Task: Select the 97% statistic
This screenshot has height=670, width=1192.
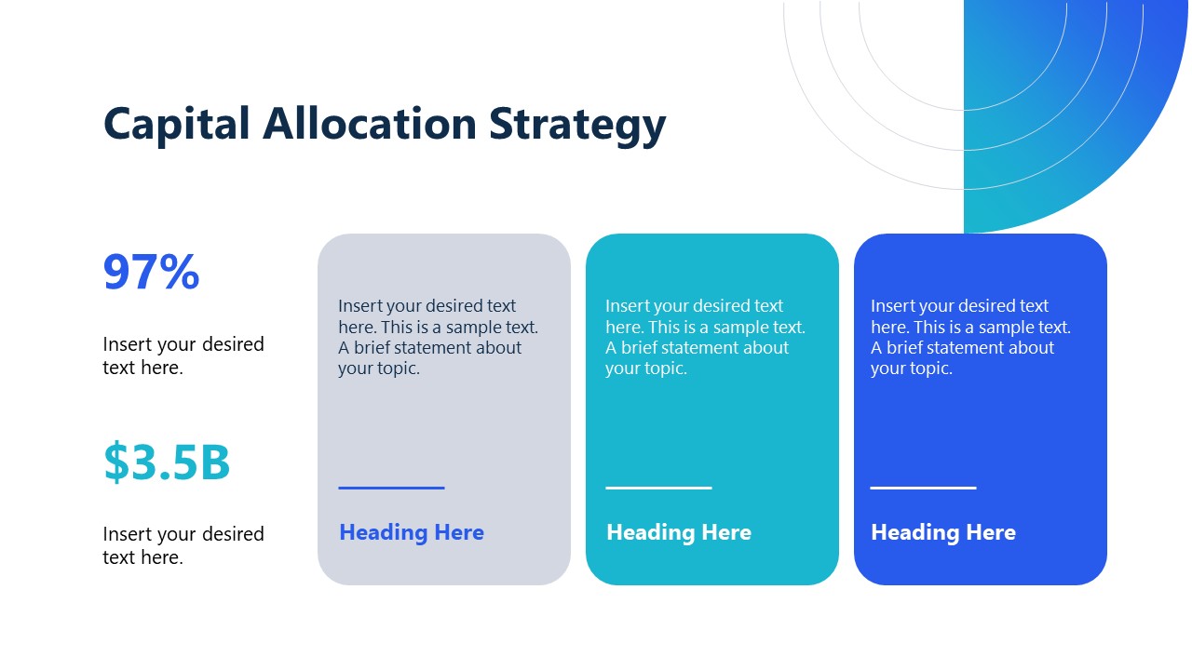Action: (x=151, y=273)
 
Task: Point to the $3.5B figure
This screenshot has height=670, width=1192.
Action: (x=167, y=462)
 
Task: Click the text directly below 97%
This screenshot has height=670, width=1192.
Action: (x=183, y=355)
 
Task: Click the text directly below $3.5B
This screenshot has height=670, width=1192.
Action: (x=183, y=545)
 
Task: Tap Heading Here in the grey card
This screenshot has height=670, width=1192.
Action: (x=412, y=532)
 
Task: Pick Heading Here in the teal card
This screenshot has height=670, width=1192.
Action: (x=679, y=532)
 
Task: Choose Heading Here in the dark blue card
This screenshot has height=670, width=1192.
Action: (x=943, y=532)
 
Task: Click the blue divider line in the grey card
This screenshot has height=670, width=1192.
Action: (x=391, y=488)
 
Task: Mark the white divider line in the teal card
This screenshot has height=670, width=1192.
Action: (x=658, y=488)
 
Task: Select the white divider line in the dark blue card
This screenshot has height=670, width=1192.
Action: (x=923, y=488)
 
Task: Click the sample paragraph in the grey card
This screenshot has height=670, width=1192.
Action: (x=438, y=337)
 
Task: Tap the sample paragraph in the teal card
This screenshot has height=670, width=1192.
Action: (x=705, y=337)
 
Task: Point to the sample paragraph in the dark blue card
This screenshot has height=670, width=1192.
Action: (x=970, y=337)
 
